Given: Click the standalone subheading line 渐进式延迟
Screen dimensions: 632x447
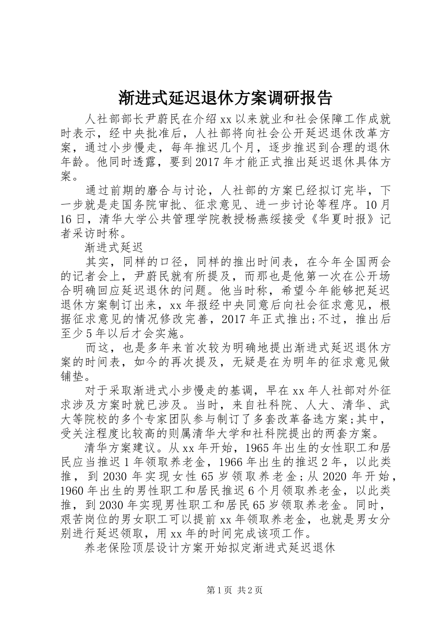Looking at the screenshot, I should point(113,246).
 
